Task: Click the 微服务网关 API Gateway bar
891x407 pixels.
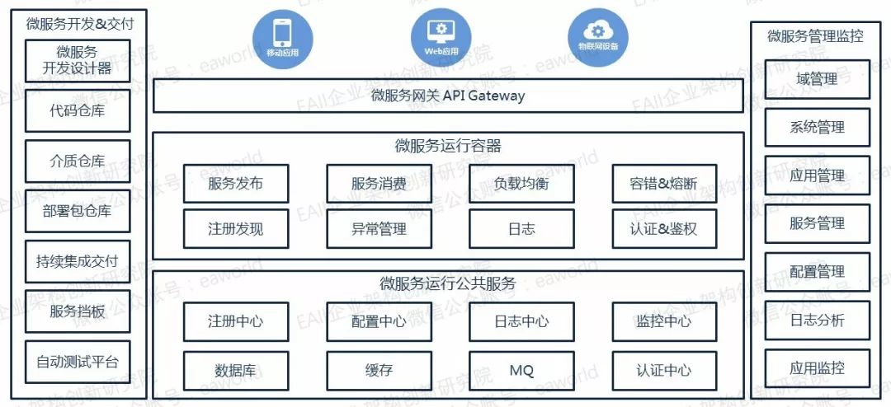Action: coord(448,96)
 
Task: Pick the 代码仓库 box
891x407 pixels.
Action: coord(78,110)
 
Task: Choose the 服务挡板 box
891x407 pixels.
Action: coord(78,311)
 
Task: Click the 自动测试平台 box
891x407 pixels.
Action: coord(78,361)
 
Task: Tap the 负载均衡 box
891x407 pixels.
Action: coord(521,184)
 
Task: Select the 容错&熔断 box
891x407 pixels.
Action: coord(664,184)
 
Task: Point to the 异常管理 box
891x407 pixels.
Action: coord(379,229)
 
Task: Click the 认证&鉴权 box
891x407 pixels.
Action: coord(664,229)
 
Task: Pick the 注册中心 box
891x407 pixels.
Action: coord(236,321)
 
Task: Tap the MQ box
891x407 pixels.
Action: coord(521,371)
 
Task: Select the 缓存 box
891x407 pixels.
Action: coord(379,371)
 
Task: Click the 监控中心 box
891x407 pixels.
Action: coord(664,321)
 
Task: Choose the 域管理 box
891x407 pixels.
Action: coord(817,80)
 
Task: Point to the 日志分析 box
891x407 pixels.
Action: coord(817,320)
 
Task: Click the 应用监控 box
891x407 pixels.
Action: coord(817,368)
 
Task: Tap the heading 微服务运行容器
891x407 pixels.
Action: coord(448,147)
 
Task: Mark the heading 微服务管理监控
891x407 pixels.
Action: coord(816,36)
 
